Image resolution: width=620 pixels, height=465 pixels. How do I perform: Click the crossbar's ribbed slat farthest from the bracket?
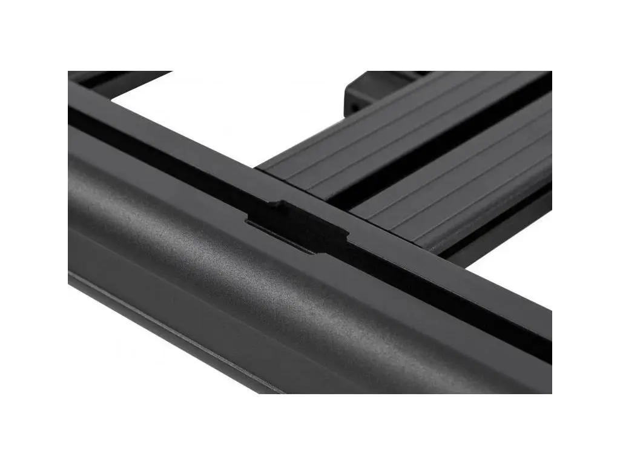(x=472, y=194)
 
